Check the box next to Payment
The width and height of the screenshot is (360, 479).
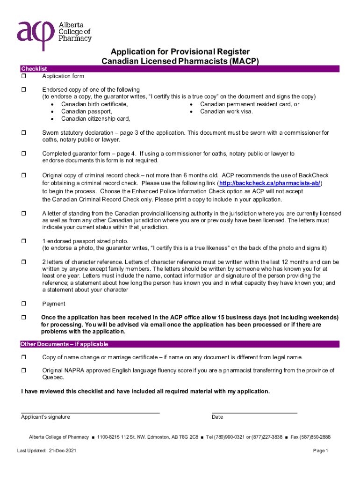coord(23,304)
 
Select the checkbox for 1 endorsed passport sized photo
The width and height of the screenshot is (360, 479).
coord(23,241)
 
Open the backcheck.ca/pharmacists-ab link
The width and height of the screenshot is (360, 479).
coord(270,182)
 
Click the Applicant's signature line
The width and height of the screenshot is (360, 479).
coord(90,413)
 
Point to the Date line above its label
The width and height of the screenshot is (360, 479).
coord(254,413)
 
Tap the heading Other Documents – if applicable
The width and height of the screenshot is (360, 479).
coord(65,344)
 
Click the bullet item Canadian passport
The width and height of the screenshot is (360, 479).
coord(86,112)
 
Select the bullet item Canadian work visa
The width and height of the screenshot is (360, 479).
coord(226,112)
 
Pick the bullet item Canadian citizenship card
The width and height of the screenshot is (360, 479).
coord(95,119)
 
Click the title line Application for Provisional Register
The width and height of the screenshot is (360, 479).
coord(180,51)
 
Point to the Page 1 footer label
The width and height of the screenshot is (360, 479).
coord(321,451)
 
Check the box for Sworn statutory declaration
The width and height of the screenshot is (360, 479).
coord(23,133)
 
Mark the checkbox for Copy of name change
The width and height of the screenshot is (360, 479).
coord(23,357)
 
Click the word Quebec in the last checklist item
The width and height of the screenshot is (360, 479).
coord(51,377)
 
